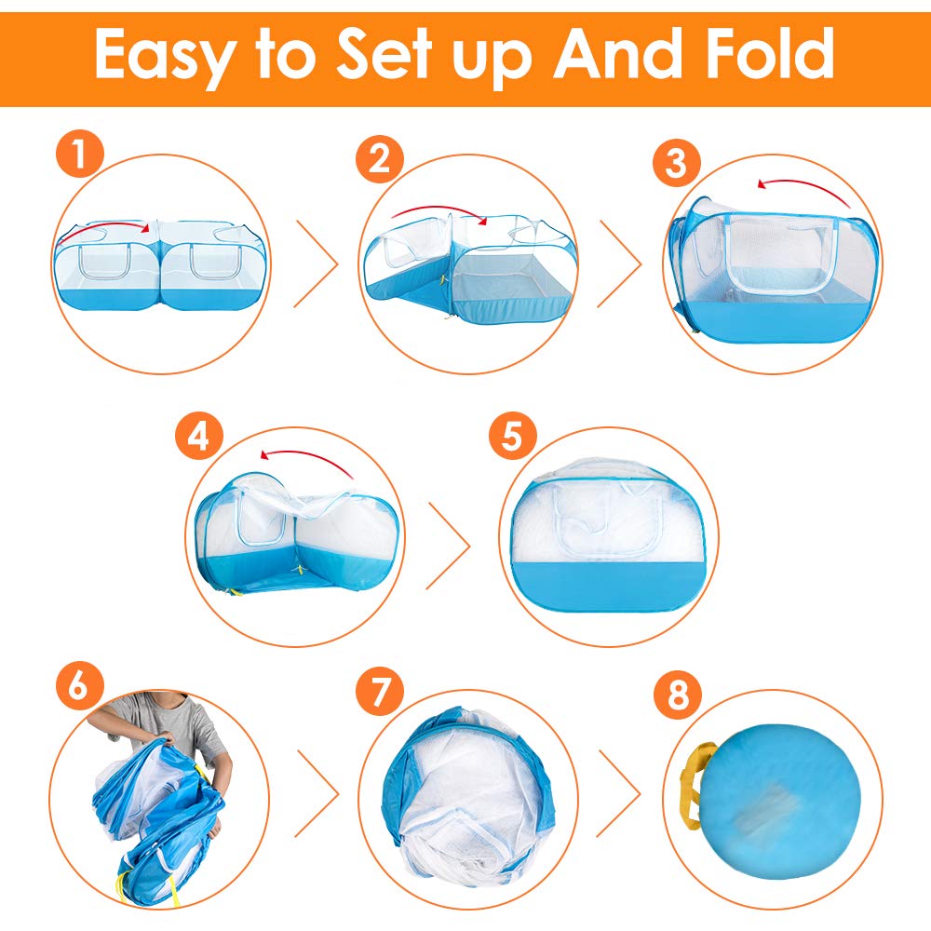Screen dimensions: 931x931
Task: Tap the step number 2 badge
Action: pos(380,159)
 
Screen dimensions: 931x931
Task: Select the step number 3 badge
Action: pos(676,162)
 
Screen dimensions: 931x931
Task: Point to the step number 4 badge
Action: pos(199,437)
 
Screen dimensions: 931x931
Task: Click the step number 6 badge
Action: pos(80,686)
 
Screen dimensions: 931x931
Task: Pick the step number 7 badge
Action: pos(380,691)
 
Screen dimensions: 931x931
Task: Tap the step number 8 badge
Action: pos(678,695)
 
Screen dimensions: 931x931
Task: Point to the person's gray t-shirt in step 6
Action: pos(172,722)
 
